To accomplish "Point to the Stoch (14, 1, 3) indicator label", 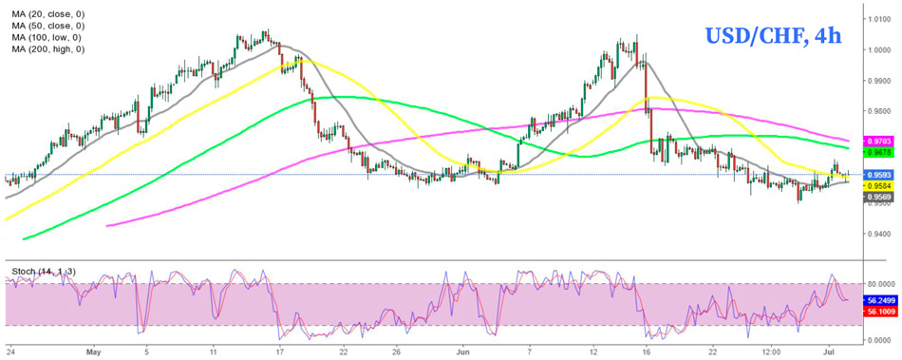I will pyautogui.click(x=44, y=273).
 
